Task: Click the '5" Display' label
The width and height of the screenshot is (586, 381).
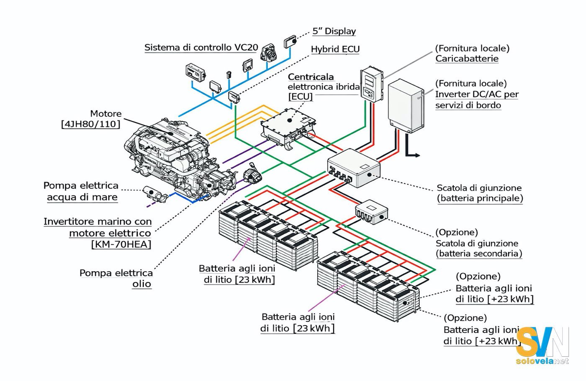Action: [x=334, y=31]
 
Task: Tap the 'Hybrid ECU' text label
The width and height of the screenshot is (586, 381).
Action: [x=335, y=49]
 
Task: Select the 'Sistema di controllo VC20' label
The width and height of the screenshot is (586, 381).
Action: [x=201, y=47]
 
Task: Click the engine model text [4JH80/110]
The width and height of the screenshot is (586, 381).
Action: [x=91, y=124]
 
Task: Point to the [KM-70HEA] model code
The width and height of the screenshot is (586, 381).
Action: [x=121, y=244]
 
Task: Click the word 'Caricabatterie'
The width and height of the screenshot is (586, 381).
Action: [x=467, y=59]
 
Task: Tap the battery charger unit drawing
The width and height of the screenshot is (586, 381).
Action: [x=372, y=84]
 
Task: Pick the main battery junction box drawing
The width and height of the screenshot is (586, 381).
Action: [x=354, y=168]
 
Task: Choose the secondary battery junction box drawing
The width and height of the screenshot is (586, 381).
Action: [x=372, y=211]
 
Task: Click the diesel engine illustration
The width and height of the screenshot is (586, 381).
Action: [x=176, y=155]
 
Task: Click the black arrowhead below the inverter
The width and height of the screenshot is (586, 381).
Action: [x=417, y=156]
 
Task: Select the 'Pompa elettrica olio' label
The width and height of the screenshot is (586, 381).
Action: [x=116, y=278]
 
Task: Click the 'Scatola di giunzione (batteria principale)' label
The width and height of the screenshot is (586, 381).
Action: [x=480, y=193]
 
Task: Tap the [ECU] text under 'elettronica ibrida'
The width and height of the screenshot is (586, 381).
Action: [x=301, y=97]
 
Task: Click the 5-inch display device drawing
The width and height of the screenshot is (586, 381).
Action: [x=290, y=42]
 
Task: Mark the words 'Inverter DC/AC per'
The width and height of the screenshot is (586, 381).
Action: [x=477, y=94]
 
